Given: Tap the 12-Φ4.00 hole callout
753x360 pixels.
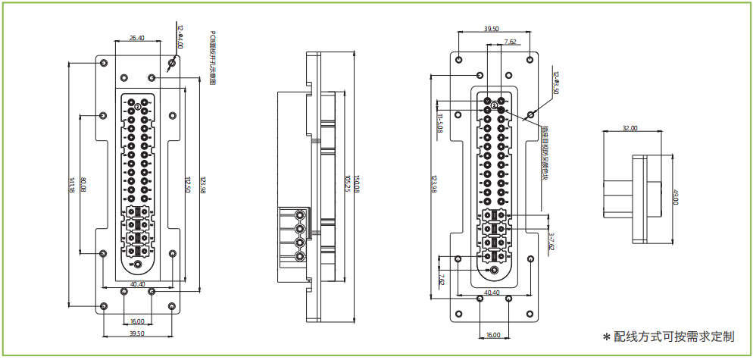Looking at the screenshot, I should coord(180,36).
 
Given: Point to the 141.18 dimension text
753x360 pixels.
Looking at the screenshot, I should coord(72,185).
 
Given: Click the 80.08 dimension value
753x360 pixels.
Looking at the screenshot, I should coord(84,184).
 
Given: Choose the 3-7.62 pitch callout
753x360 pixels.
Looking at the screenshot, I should coord(551,241).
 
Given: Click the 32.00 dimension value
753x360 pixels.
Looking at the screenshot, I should coord(630,128).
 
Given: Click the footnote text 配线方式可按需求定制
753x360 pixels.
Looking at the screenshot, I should coord(673,337).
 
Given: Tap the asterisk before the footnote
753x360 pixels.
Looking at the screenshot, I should coord(606,337).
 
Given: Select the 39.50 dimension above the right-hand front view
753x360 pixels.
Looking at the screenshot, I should coord(491,29).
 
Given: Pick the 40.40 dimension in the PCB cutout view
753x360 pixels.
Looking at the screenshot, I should coord(138,284).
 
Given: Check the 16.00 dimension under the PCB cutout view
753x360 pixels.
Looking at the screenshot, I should coord(137,321).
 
